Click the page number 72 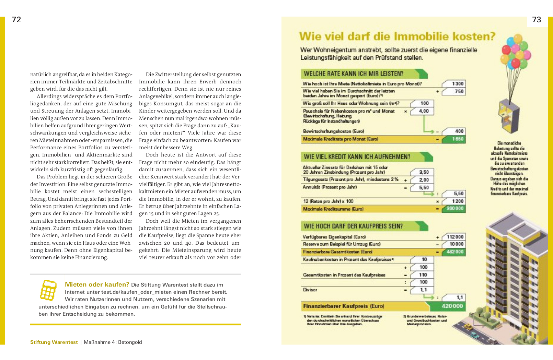16,20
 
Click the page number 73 537,20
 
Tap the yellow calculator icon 48,290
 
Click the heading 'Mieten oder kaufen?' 97,284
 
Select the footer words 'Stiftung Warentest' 54,342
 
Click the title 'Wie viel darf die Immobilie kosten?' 397,36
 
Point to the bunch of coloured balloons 516,51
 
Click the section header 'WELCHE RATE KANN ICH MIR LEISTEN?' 354,74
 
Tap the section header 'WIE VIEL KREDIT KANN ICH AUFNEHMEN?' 357,157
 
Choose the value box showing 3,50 422,172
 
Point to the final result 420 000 452,306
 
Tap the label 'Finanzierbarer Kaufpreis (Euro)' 343,306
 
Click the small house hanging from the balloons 509,115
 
